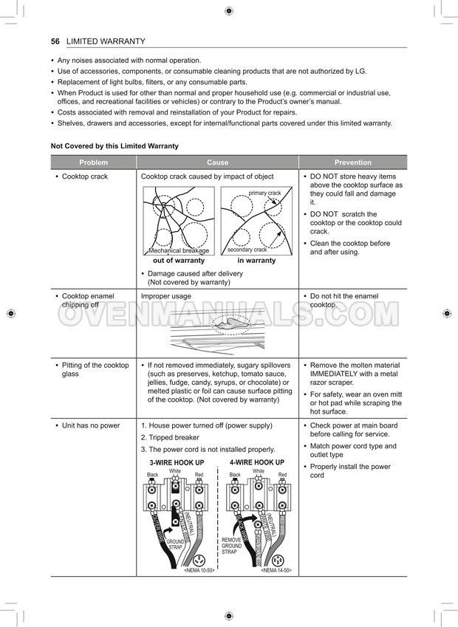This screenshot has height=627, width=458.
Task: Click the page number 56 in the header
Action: pos(55,41)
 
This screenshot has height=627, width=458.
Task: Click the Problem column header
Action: pos(93,162)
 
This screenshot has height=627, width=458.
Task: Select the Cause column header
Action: pos(217,162)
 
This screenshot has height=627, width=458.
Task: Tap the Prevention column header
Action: pos(352,162)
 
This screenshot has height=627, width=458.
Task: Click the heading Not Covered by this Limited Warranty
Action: pos(115,146)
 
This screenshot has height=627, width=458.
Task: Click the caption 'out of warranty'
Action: pos(178,261)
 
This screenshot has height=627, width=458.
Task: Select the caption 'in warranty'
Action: pos(256,261)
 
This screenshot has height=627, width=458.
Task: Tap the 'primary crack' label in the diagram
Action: pos(264,193)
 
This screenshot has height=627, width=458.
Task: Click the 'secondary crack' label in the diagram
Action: pos(247,250)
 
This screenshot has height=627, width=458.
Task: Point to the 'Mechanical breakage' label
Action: pos(178,250)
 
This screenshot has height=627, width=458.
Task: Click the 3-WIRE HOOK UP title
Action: pos(177,463)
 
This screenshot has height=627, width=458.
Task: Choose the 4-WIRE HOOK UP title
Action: pos(256,462)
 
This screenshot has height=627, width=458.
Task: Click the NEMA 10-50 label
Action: pos(199,571)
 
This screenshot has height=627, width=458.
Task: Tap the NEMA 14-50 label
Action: pos(276,571)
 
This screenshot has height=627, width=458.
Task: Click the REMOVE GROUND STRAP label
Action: pos(231,546)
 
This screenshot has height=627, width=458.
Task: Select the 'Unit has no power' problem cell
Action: pos(90,426)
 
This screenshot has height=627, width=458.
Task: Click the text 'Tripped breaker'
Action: pos(174,438)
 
